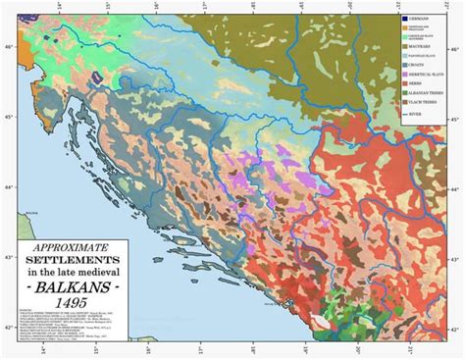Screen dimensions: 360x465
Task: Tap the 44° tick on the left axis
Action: point(8,187)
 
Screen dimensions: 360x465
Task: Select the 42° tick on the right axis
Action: point(458,329)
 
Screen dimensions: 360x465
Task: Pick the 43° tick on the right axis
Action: point(458,257)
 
